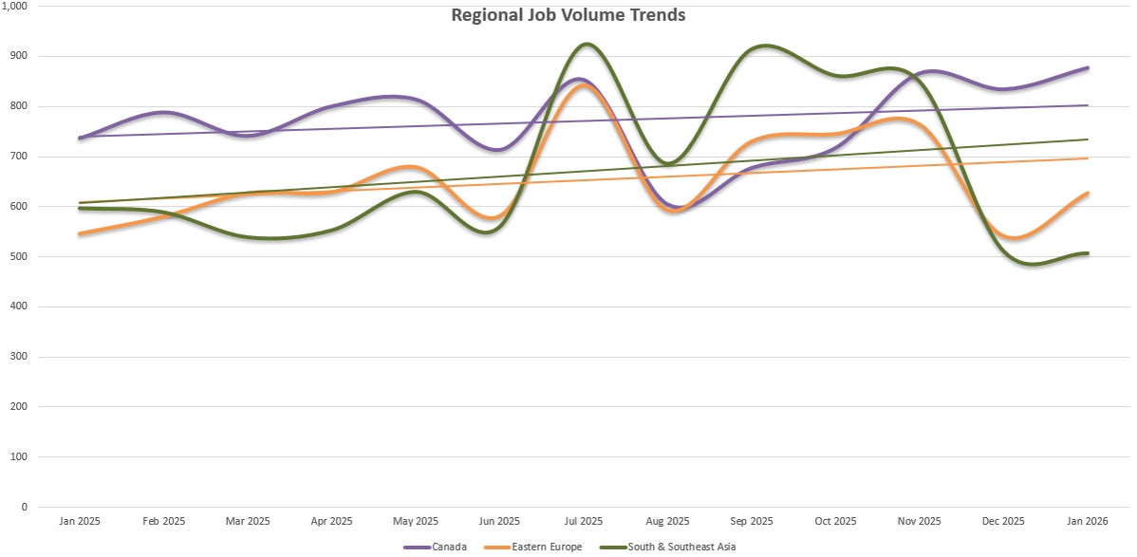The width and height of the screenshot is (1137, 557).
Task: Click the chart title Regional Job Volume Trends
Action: click(568, 15)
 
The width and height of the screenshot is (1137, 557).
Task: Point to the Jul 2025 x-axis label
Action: click(584, 521)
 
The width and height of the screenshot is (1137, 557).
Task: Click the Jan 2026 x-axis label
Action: click(1088, 521)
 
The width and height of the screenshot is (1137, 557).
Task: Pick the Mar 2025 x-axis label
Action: click(248, 521)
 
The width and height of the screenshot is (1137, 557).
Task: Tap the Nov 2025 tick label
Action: click(920, 521)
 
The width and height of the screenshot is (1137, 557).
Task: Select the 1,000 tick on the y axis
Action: click(15, 6)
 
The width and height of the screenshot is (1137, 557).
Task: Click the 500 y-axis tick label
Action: click(19, 256)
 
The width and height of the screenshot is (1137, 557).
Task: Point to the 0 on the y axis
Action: click(25, 507)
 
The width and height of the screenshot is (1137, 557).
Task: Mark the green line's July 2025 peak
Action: click(586, 44)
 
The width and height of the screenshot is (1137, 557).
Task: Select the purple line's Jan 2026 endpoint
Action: click(1088, 68)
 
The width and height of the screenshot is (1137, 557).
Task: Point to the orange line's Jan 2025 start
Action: click(80, 233)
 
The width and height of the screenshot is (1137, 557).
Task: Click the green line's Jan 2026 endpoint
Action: click(1088, 253)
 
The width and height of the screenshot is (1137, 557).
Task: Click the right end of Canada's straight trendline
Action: click(1088, 105)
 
